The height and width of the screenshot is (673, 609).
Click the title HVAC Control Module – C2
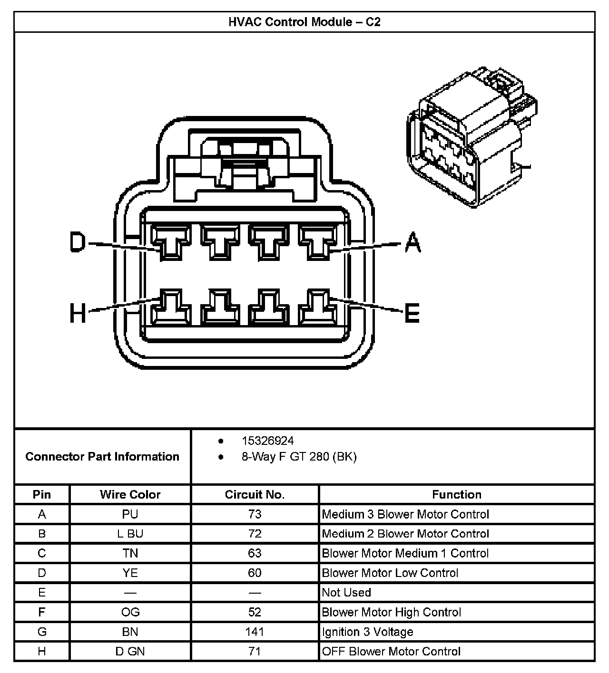point(304,22)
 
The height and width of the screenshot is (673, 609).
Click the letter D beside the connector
point(78,242)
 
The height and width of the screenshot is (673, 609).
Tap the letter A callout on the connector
point(413,242)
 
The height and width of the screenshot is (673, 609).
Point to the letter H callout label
point(78,313)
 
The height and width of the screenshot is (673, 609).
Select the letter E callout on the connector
point(412,313)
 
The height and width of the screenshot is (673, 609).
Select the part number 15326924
point(267,441)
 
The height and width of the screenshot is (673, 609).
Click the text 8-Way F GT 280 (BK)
point(299,457)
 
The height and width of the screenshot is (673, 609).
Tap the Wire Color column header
point(130,494)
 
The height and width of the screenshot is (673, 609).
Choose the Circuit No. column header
point(255,494)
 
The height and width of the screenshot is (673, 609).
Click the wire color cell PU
point(130,514)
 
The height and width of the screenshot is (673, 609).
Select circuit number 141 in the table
point(255,632)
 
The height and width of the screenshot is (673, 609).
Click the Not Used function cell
point(346,592)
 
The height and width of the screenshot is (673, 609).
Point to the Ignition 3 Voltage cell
point(367,632)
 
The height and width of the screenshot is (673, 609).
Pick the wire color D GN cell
point(130,651)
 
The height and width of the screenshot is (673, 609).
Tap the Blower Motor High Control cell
point(391,612)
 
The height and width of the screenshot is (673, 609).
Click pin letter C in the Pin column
point(42,553)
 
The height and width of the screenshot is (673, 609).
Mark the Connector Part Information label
point(102,457)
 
